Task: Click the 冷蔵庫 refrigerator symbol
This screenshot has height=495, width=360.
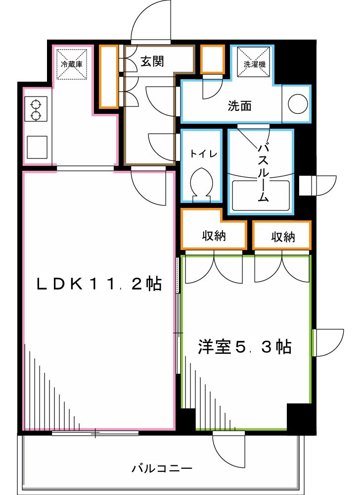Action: (71, 63)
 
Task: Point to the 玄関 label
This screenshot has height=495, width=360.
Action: (152, 61)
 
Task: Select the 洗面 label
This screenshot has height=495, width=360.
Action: (240, 105)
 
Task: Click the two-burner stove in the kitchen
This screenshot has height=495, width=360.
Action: (36, 109)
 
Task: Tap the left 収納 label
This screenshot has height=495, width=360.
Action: (214, 236)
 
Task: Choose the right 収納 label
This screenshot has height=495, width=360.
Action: (283, 237)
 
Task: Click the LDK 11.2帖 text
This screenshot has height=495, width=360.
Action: (99, 284)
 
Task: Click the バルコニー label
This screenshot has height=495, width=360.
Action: (161, 468)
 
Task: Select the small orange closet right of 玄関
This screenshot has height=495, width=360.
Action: (213, 59)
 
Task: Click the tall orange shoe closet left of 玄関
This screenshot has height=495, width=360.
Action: (109, 76)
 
